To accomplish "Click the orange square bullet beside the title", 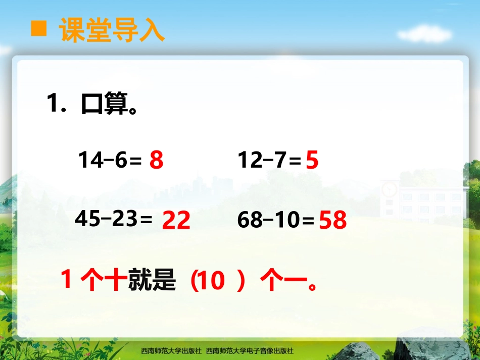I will pos(39,29).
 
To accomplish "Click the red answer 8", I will pos(157,161).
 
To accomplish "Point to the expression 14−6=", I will pos(110,161).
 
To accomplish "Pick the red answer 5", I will pos(312,161).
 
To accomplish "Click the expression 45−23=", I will pos(114,219).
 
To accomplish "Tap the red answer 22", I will pos(176,221).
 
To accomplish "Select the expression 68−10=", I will pos(276,221).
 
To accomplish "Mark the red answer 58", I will pos(333,221).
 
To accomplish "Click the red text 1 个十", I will pos(91,281).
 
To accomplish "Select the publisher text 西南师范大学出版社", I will pos(171,351).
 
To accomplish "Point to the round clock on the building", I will pos(389,189).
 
